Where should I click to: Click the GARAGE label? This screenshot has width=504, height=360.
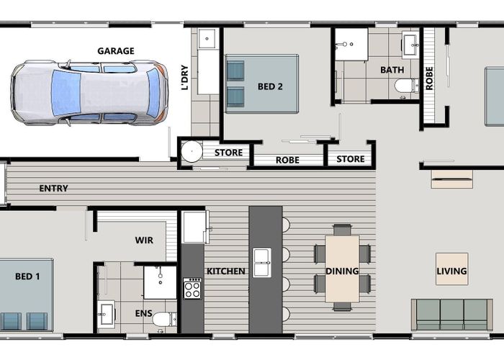(116, 50)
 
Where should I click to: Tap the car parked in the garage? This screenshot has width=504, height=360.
(89, 92)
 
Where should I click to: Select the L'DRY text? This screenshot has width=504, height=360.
(185, 78)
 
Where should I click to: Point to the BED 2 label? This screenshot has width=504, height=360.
(270, 87)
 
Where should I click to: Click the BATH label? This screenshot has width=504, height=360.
(392, 70)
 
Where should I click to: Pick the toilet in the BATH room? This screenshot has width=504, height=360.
(405, 86)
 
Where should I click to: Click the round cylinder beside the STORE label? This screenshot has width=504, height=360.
(192, 152)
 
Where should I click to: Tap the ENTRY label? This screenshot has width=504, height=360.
(54, 189)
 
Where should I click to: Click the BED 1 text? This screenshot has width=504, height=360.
(27, 276)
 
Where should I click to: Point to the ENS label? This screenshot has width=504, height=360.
(144, 314)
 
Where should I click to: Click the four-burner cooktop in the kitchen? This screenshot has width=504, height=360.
(192, 288)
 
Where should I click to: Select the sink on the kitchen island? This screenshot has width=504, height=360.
(262, 262)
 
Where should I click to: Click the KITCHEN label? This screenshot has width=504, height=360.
(226, 271)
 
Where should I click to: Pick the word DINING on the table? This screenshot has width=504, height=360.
(342, 271)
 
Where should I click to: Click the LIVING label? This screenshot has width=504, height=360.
(451, 271)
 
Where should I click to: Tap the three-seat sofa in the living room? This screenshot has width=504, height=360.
(451, 314)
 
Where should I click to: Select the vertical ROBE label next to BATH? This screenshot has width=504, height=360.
(430, 78)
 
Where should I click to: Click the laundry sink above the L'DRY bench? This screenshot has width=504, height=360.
(207, 38)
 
